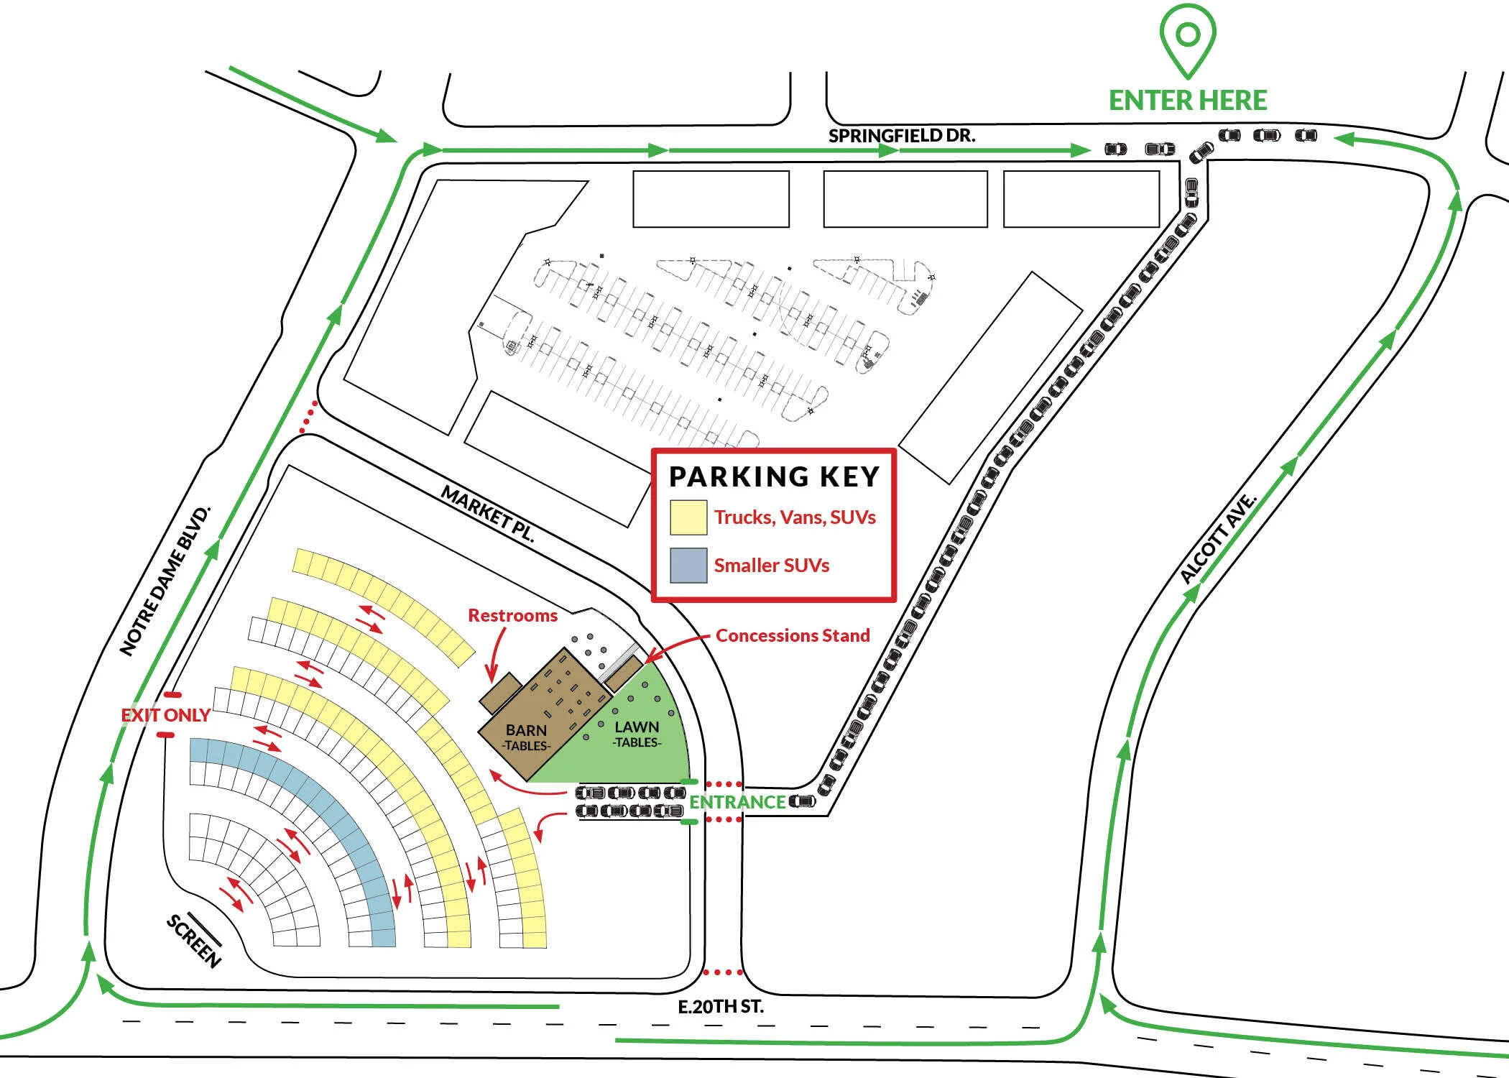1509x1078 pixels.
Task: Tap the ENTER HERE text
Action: point(1188,101)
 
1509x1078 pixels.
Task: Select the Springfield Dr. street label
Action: point(902,135)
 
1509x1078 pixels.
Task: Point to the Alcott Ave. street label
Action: point(1219,538)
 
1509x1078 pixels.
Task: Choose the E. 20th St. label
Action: point(721,1006)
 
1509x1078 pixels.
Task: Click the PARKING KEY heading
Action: point(774,476)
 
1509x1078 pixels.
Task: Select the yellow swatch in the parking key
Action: point(688,517)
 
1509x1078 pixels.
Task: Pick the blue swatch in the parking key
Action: point(688,565)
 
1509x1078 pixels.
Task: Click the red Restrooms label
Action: point(512,616)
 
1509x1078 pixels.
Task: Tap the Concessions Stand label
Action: point(793,635)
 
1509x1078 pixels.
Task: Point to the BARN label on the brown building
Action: point(526,730)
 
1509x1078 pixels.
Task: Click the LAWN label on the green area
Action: point(637,727)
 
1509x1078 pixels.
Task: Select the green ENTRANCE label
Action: point(737,802)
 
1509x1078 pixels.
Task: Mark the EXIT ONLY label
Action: point(165,715)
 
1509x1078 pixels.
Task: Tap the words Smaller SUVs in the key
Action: point(771,566)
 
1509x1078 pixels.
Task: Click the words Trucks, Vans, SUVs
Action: point(795,517)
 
